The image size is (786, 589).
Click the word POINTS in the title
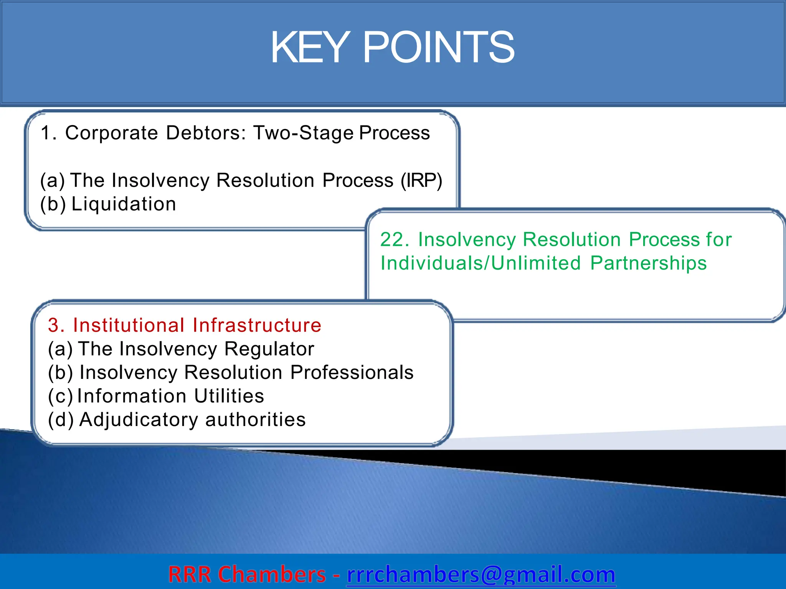tap(438, 48)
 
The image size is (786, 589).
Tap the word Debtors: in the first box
tap(205, 133)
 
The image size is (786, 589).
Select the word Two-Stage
tap(303, 133)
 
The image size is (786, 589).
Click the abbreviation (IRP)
tap(421, 180)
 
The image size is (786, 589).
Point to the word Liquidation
tap(124, 204)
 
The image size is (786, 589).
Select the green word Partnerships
tap(648, 263)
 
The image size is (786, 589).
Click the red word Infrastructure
tap(257, 325)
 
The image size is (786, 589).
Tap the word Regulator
tap(269, 349)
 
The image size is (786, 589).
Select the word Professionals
tap(352, 373)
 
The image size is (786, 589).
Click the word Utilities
tap(229, 396)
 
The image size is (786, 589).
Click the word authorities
tap(256, 420)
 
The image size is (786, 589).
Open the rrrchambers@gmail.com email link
tap(481, 574)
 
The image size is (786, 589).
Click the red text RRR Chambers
tap(247, 574)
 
